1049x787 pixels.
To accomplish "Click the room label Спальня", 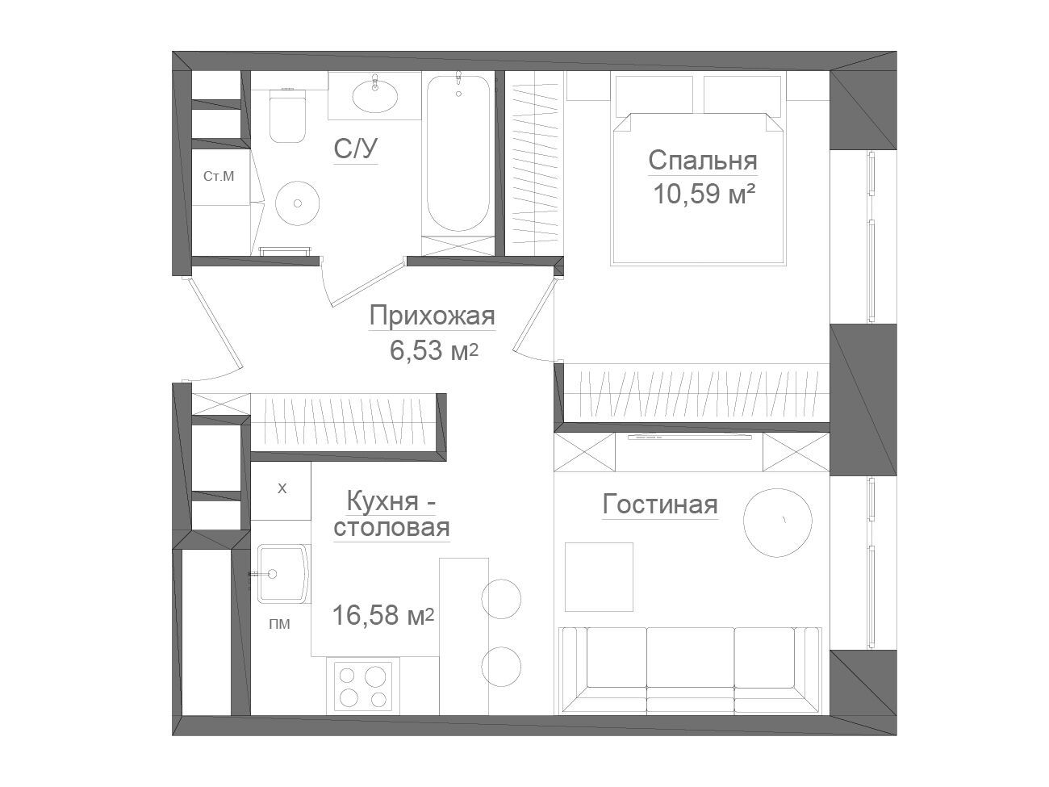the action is pos(703,161).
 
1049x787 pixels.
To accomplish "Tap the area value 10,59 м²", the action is pos(704,194).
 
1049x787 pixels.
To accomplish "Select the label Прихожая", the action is pos(432,316).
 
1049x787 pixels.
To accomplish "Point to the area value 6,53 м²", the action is pos(433,351).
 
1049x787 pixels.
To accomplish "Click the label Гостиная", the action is pos(660,504).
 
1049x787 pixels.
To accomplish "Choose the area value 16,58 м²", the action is pos(382,615).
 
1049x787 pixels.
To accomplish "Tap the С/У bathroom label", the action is pos(356,149).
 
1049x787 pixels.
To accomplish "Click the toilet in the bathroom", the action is pos(287,115).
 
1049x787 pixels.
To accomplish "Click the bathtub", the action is pos(458,153).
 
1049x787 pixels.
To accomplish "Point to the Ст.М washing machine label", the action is pos(219,176).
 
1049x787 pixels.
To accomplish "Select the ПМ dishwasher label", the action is pos(279,624).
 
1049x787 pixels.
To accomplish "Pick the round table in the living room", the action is pos(778,523).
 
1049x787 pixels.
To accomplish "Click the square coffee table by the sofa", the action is pos(599,577).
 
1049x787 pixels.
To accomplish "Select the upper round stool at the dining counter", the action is pos(501,599).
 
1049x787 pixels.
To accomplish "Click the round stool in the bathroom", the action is pos(297,203).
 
